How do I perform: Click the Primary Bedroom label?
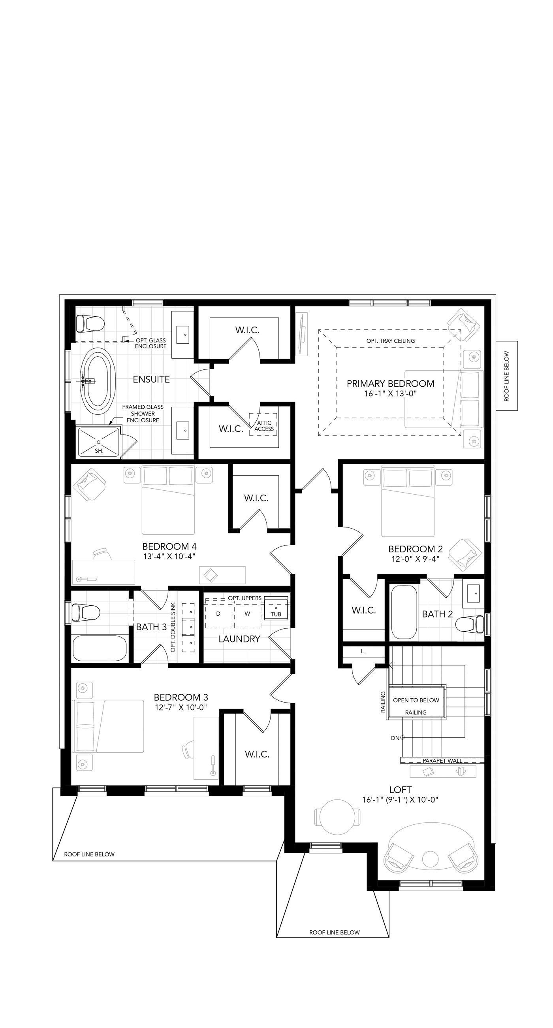pyautogui.click(x=390, y=384)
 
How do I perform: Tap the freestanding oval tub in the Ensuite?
pyautogui.click(x=98, y=380)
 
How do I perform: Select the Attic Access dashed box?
pyautogui.click(x=263, y=424)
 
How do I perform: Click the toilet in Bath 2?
pyautogui.click(x=469, y=625)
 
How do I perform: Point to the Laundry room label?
pyautogui.click(x=239, y=639)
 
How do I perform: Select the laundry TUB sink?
pyautogui.click(x=276, y=609)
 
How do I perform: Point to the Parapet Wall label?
pyautogui.click(x=442, y=761)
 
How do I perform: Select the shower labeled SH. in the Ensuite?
pyautogui.click(x=98, y=442)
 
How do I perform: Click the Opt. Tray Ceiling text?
pyautogui.click(x=391, y=341)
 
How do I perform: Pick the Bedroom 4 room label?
pyautogui.click(x=169, y=546)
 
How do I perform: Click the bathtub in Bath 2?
pyautogui.click(x=404, y=612)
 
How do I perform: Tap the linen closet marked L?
pyautogui.click(x=363, y=651)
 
